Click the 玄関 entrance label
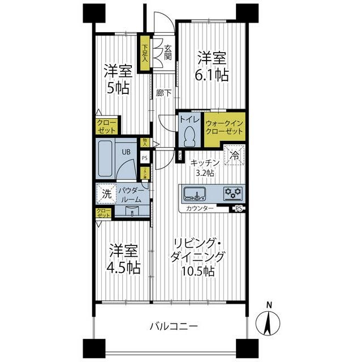168,52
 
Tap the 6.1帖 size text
213,74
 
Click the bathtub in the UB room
107,159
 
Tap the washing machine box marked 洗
106,193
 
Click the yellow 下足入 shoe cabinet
145,54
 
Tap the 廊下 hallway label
164,93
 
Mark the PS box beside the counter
238,209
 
